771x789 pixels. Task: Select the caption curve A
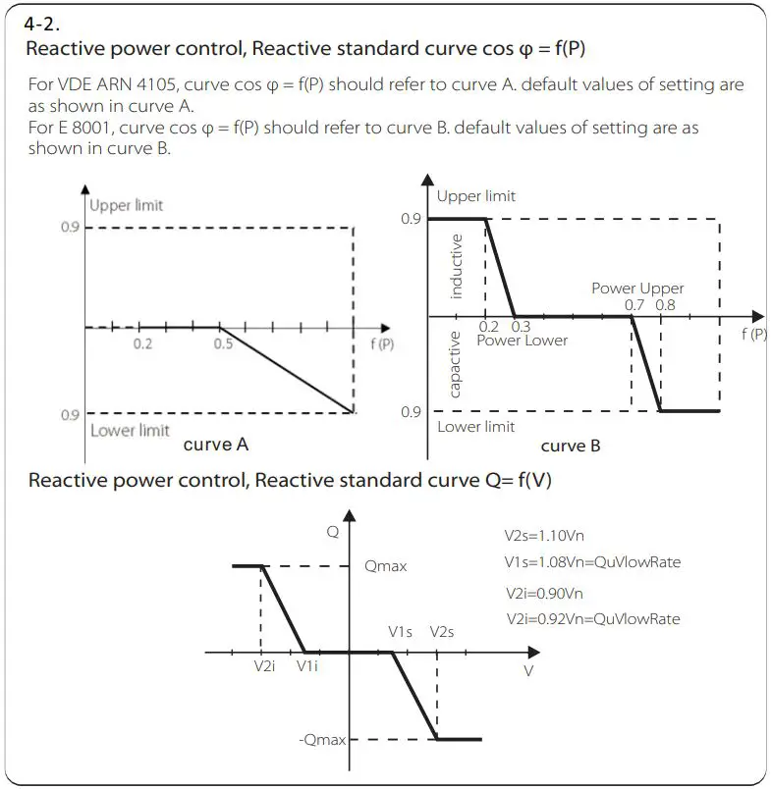click(x=215, y=445)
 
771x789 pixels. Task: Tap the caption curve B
click(x=571, y=446)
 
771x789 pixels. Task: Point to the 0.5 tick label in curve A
click(x=223, y=344)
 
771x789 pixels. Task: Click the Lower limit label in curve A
click(x=129, y=430)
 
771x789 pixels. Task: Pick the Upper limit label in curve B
click(x=476, y=196)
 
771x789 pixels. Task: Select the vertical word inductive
click(x=456, y=266)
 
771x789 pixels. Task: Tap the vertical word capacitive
click(x=456, y=364)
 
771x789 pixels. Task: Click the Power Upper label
click(x=637, y=289)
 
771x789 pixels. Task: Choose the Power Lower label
click(x=522, y=340)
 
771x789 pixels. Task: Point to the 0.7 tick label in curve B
click(x=635, y=304)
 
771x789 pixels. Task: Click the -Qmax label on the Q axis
click(x=322, y=739)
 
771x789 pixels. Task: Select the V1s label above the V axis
click(x=400, y=632)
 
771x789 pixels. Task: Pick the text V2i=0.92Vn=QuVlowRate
click(x=592, y=619)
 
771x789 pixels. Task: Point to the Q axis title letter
click(x=333, y=533)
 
